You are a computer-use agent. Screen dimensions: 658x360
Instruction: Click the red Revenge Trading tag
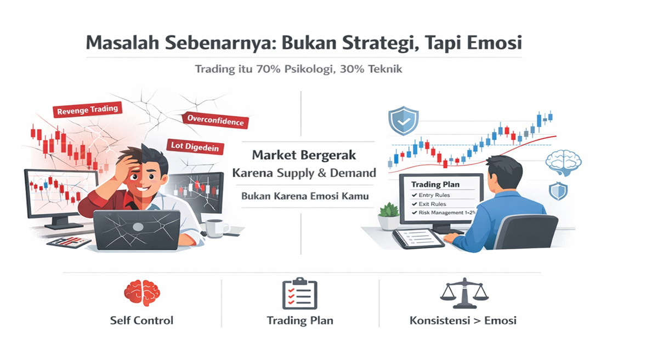click(x=88, y=110)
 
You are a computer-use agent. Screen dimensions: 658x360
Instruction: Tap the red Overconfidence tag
click(x=215, y=121)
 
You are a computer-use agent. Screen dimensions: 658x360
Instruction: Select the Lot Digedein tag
click(x=195, y=146)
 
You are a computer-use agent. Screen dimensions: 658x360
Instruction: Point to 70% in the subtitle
click(x=268, y=69)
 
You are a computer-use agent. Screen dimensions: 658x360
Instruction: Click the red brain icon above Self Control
click(x=142, y=293)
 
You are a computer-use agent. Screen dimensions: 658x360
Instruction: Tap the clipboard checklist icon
click(x=299, y=293)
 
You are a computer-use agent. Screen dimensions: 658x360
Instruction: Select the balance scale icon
click(x=464, y=293)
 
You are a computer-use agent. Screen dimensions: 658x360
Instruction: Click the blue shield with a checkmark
click(x=404, y=121)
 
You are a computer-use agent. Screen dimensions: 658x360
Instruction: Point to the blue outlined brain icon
click(x=564, y=163)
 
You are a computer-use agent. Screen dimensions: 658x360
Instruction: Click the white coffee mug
click(x=216, y=228)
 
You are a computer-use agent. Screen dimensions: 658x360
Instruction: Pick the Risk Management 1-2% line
click(x=444, y=213)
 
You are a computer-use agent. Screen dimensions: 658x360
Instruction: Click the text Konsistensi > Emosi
click(x=463, y=321)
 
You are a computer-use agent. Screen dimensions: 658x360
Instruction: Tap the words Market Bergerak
click(x=304, y=155)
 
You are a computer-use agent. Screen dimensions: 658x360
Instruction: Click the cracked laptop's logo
click(x=138, y=227)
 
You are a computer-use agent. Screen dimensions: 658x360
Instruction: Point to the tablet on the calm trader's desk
click(x=418, y=238)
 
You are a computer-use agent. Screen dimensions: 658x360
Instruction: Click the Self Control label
click(x=141, y=321)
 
